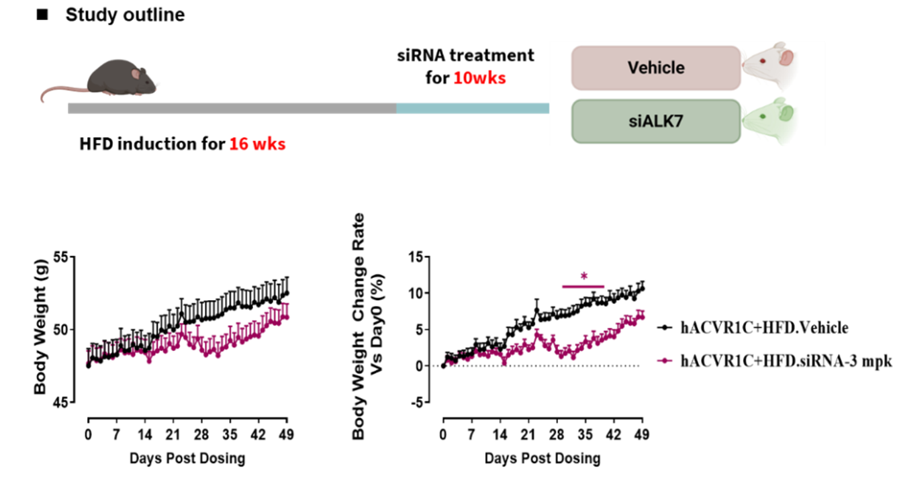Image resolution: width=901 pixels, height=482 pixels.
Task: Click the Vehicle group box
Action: coord(656,68)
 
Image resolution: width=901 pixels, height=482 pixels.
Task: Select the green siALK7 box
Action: coord(656,122)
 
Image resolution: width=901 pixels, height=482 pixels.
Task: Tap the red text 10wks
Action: coord(479,79)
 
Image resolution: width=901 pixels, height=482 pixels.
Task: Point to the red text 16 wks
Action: coord(257,144)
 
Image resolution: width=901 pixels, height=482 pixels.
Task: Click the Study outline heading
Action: coord(124,15)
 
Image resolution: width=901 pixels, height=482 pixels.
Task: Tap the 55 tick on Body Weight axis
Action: coord(63,257)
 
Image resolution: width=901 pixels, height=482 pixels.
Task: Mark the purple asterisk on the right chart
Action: coord(584,276)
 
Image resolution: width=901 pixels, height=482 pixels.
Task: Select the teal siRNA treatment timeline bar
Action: coord(473,108)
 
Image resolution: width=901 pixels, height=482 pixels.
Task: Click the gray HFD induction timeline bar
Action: coord(232,108)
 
